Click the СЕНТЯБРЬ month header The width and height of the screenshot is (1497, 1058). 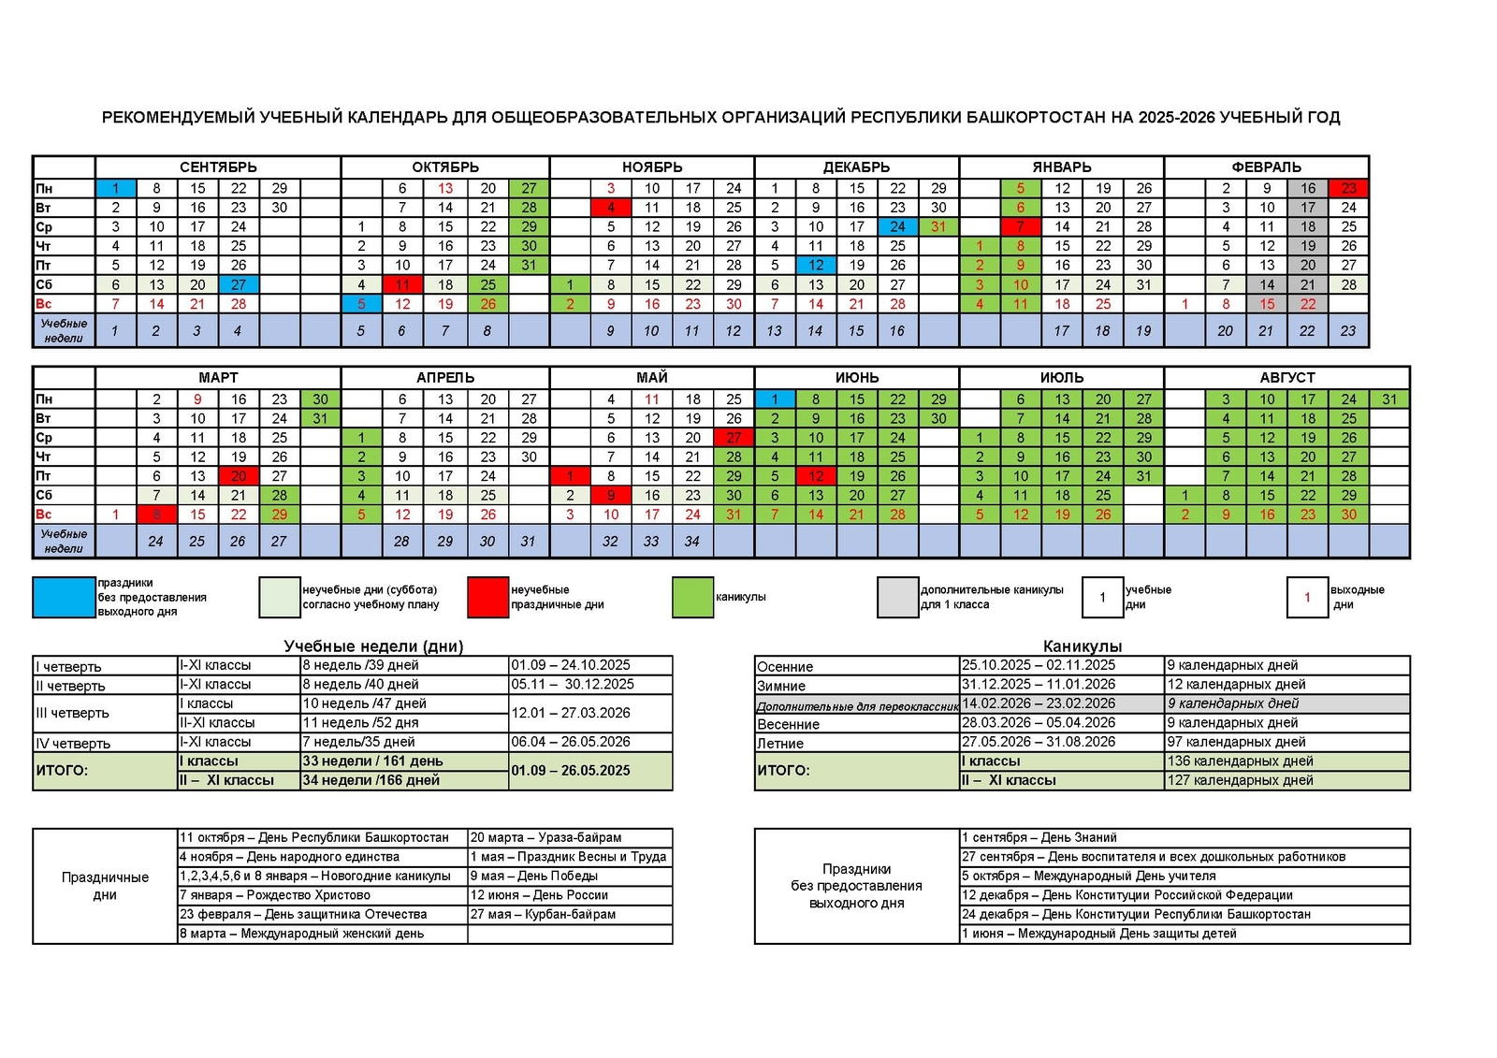pyautogui.click(x=218, y=167)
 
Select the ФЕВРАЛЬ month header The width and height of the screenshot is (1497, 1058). pyautogui.click(x=1266, y=167)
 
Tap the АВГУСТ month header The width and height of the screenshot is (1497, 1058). pyautogui.click(x=1286, y=378)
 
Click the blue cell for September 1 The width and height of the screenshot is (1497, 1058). pyautogui.click(x=116, y=188)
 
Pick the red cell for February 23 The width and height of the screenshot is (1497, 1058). pyautogui.click(x=1348, y=188)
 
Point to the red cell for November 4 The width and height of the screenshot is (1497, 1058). pyautogui.click(x=611, y=208)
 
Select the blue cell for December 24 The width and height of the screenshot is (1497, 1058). pyautogui.click(x=897, y=226)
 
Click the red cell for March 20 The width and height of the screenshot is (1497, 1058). pyautogui.click(x=239, y=476)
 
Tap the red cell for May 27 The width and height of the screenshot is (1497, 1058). pyautogui.click(x=734, y=438)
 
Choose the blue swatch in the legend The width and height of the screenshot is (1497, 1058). pyautogui.click(x=64, y=597)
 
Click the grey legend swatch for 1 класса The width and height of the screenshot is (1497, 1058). pyautogui.click(x=897, y=597)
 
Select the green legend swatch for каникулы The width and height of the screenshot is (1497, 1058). pyautogui.click(x=692, y=597)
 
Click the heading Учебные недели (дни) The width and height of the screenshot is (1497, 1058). pyautogui.click(x=373, y=646)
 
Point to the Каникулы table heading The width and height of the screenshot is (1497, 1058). pyautogui.click(x=1082, y=646)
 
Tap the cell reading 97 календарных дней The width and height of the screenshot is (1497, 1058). pyautogui.click(x=1236, y=742)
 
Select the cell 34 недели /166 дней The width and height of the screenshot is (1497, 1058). pyautogui.click(x=371, y=780)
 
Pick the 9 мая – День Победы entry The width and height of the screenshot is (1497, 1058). pyautogui.click(x=534, y=877)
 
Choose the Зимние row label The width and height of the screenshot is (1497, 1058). pyautogui.click(x=781, y=686)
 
